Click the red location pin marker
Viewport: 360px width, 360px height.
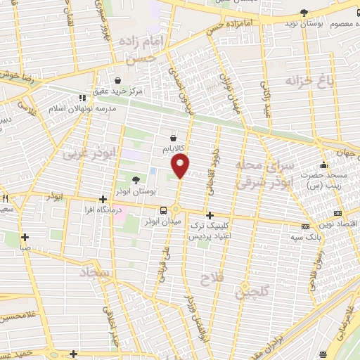181,166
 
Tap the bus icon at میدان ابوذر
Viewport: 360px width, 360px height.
163,210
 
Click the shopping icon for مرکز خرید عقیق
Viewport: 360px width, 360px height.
116,81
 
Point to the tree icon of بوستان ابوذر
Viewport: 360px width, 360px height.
136,181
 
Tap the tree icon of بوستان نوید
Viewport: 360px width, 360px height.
304,13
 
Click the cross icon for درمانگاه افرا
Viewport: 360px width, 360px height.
103,199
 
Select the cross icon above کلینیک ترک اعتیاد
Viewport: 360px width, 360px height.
210,215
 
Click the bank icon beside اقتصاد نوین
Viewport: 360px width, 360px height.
338,212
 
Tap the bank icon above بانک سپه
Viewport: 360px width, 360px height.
305,227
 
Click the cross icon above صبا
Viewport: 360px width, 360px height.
25,237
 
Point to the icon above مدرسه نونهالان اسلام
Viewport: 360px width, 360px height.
82,98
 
